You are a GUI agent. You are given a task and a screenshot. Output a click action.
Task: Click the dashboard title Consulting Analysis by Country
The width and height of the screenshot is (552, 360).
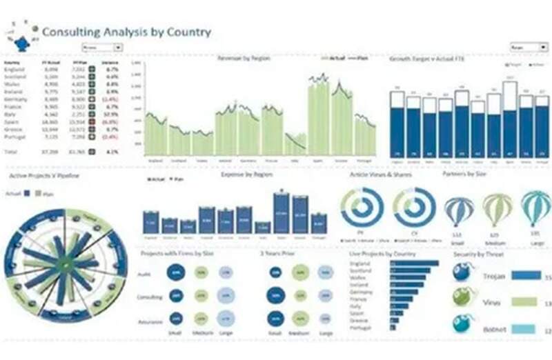tap(126, 32)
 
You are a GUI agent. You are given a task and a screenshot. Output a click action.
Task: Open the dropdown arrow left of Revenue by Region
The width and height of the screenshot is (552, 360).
tap(118, 48)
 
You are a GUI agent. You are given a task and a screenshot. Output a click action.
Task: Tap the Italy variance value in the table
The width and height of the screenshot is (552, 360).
tap(110, 114)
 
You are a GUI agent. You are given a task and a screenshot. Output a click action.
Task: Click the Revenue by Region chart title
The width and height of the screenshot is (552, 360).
tap(243, 59)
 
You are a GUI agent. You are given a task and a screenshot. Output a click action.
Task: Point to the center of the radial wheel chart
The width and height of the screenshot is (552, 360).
tap(65, 263)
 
